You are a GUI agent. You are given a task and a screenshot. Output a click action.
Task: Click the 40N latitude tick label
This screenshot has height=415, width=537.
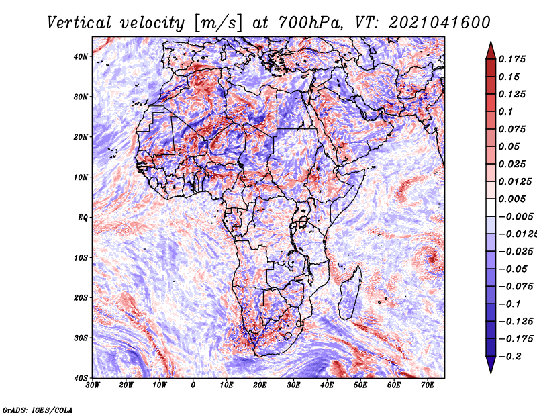pos(81,56)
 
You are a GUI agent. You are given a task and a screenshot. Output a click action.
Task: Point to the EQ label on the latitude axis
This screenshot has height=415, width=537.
pos(83,218)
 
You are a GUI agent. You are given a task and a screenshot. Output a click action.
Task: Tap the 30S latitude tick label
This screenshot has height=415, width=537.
pos(81,338)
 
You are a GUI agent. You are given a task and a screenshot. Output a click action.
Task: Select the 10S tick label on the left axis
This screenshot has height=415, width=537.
pos(81,258)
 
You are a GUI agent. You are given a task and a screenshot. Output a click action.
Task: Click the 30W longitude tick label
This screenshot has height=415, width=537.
pos(93,385)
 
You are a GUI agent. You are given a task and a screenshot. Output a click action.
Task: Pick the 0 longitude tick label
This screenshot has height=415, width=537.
pos(193,385)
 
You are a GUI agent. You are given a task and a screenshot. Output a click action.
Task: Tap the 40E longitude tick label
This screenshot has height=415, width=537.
pos(327,385)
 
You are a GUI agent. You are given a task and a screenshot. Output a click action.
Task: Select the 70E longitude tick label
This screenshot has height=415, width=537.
pos(428,385)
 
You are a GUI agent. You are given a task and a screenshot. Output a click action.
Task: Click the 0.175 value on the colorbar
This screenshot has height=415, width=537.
pos(511,60)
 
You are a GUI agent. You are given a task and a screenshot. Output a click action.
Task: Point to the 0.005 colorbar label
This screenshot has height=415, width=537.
pos(511,199)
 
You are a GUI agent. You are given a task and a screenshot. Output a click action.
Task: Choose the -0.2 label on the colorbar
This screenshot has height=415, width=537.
pos(509,357)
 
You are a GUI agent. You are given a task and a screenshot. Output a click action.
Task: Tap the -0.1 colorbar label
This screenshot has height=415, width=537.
pos(509,304)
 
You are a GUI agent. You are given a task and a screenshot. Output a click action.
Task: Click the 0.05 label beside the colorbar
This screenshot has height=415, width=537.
pos(509,146)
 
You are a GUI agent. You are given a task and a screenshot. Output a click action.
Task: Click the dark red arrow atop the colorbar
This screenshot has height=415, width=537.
pos(491,52)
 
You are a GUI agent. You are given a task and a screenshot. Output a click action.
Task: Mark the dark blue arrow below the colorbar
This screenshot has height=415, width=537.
pos(491,364)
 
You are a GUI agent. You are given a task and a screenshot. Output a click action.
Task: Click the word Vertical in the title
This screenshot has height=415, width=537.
pos(79,23)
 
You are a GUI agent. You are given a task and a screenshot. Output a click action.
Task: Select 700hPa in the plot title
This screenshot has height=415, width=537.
pos(309,23)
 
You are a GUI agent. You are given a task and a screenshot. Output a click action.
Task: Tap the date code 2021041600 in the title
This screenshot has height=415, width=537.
pos(439,23)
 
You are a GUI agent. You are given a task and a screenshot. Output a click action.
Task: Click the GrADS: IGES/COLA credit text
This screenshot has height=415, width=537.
pos(38,410)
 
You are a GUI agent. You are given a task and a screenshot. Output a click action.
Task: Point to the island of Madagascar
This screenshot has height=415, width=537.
pos(350,293)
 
